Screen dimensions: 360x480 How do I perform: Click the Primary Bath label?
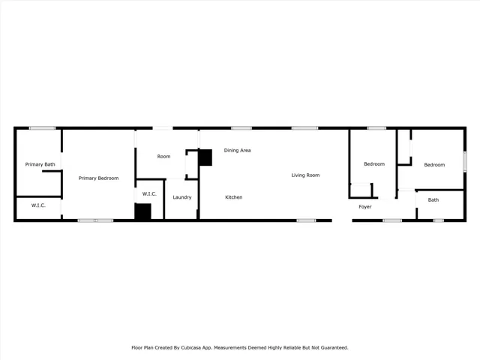40,164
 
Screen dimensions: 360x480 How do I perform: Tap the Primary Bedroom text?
99,178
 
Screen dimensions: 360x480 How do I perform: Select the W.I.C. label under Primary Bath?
38,205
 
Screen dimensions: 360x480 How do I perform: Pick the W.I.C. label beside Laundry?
149,193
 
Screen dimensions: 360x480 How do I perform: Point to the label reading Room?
163,157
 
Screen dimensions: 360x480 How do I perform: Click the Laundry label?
181,197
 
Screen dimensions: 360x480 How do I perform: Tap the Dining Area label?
237,150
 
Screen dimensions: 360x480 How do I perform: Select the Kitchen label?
234,197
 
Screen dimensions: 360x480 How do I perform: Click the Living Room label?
306,175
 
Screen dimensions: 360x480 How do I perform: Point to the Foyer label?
365,206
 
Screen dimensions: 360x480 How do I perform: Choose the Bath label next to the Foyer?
433,199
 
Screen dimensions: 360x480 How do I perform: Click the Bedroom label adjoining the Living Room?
374,164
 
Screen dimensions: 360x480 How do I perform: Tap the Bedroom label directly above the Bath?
434,165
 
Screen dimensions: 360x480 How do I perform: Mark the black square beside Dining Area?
205,157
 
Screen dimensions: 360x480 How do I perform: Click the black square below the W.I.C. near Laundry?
143,211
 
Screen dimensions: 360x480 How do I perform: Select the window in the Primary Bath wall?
43,128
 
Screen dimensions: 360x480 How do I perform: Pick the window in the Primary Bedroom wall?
95,220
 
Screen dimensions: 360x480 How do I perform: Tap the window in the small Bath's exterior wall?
438,220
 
